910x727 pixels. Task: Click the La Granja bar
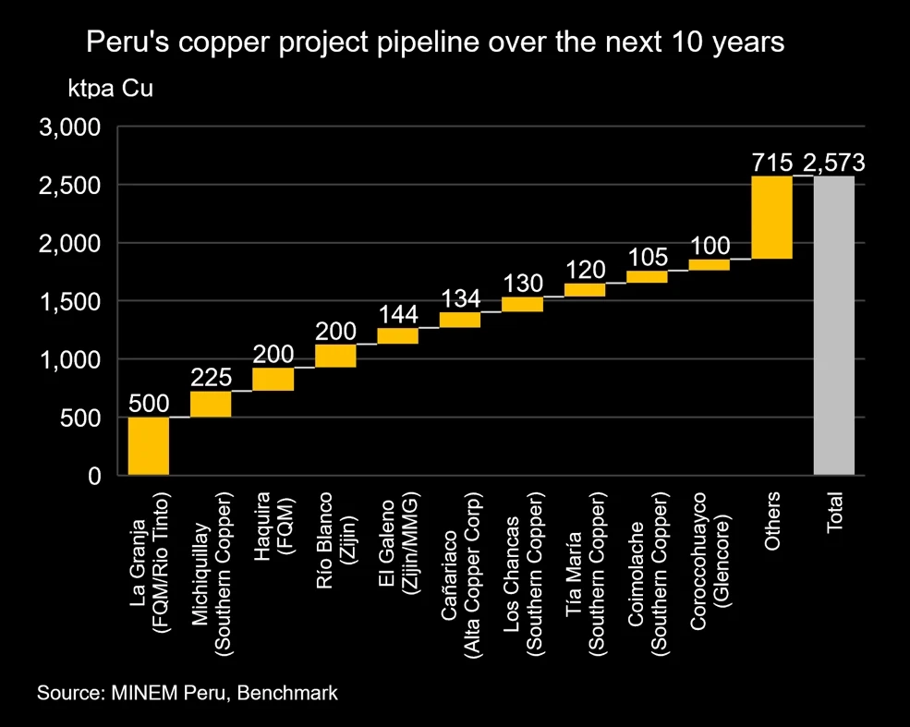[x=149, y=446]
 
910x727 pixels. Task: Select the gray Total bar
[x=834, y=325]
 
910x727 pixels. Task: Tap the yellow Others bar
[x=771, y=217]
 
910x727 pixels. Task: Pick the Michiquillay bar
[x=211, y=404]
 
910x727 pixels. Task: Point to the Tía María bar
[x=585, y=289]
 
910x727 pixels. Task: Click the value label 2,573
[x=834, y=164]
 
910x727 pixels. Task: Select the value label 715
[x=772, y=164]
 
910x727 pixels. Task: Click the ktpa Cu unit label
[x=110, y=90]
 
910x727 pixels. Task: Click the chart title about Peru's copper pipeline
[x=434, y=42]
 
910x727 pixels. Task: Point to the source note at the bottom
[x=188, y=693]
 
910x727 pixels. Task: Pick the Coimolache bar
[x=647, y=276]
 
